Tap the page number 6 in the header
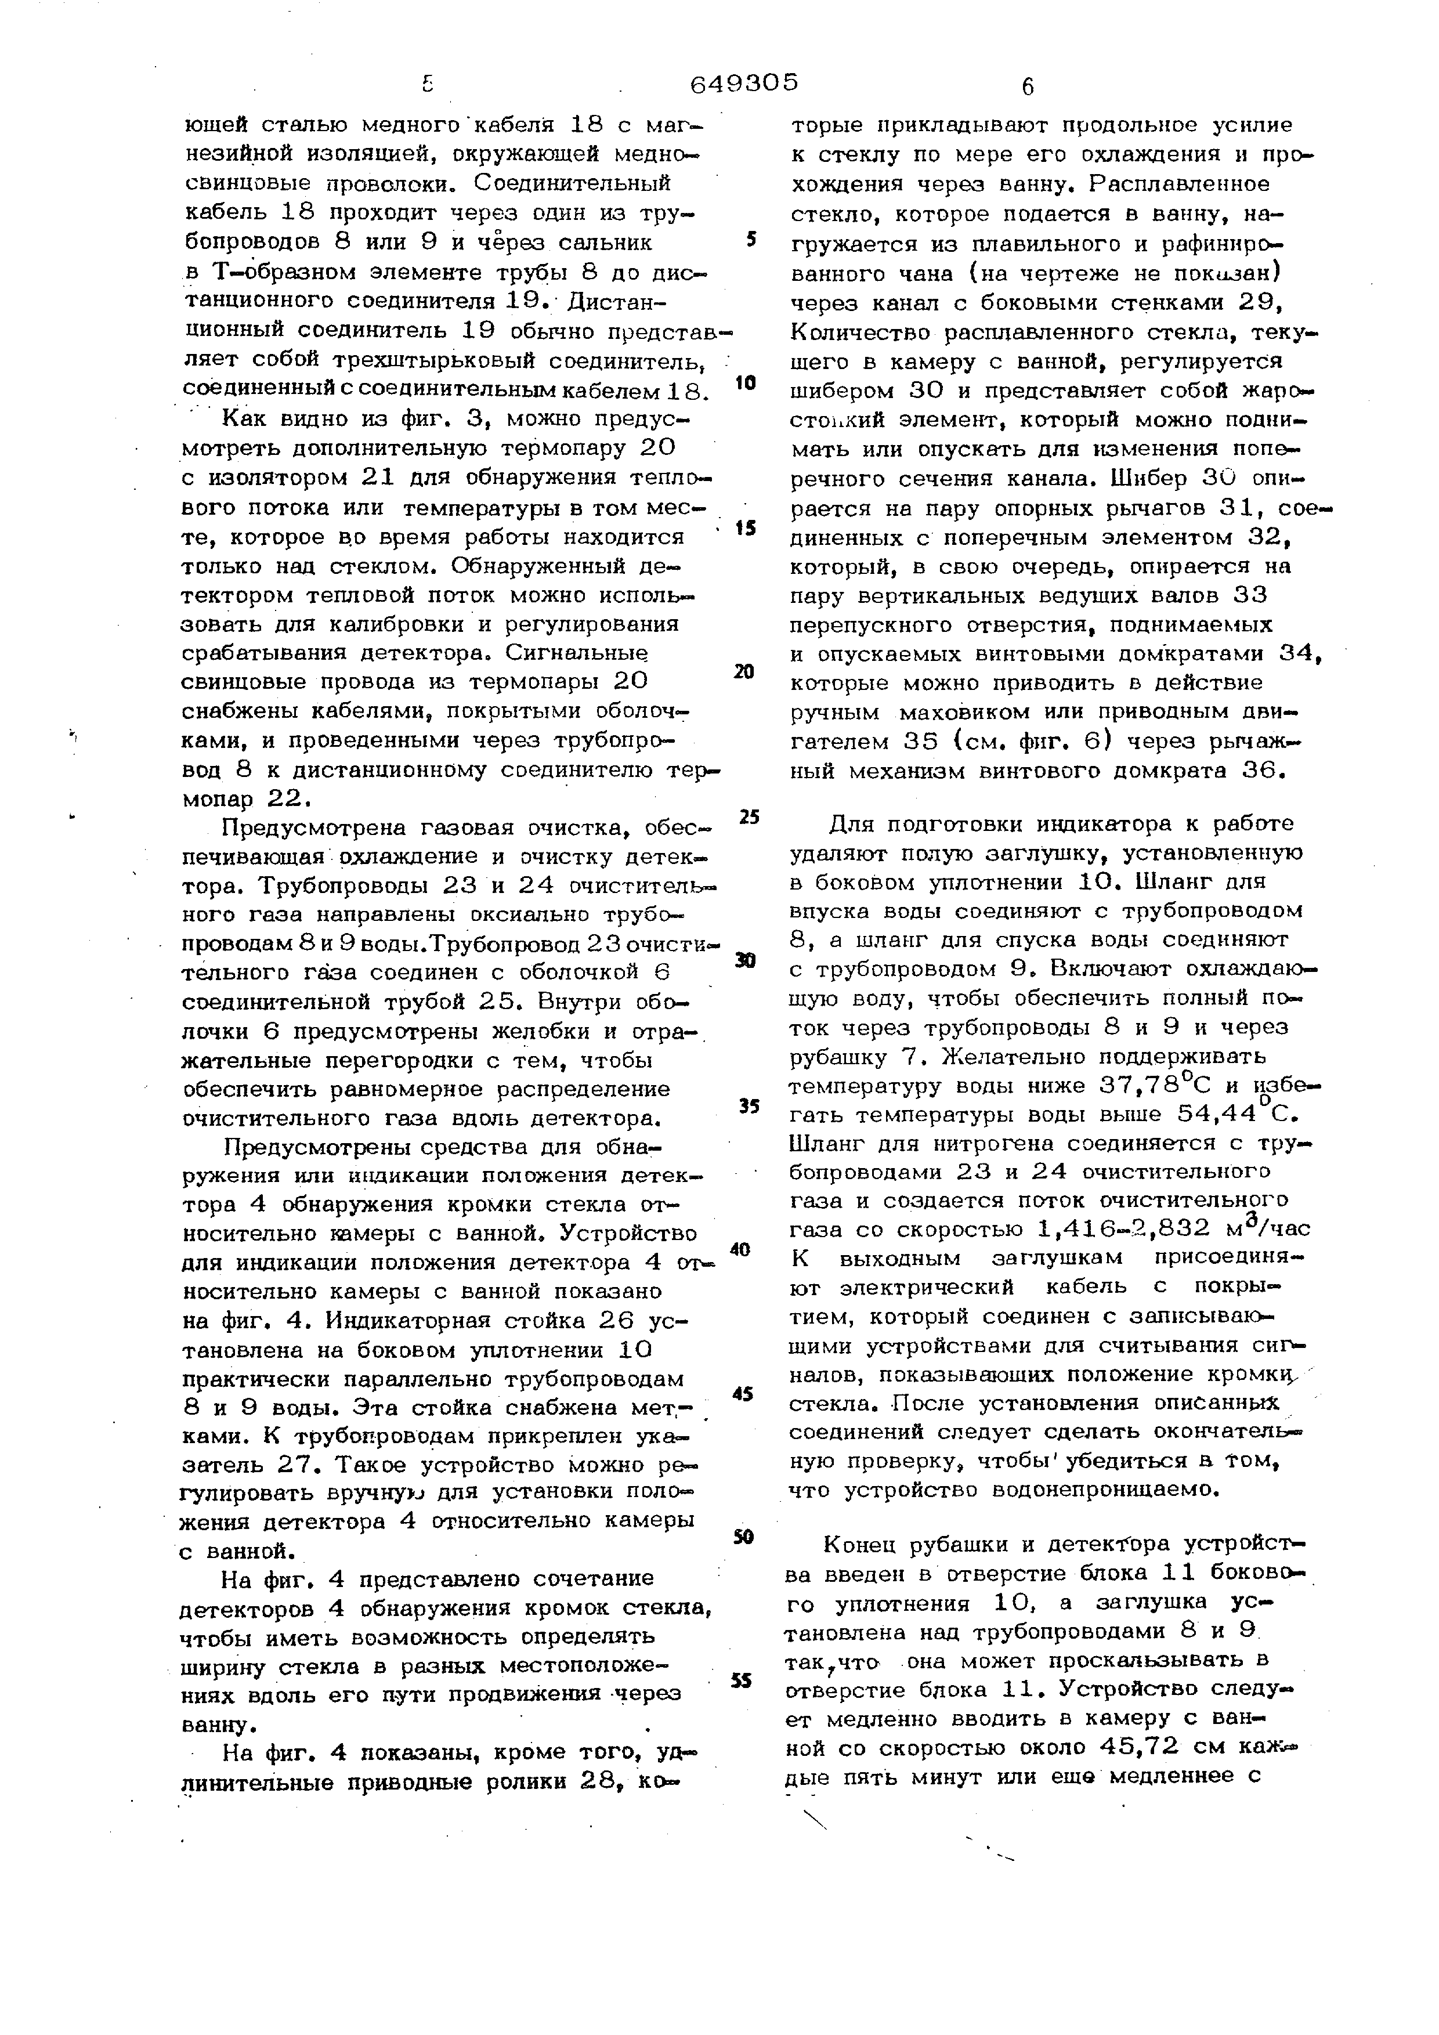pos(1027,87)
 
